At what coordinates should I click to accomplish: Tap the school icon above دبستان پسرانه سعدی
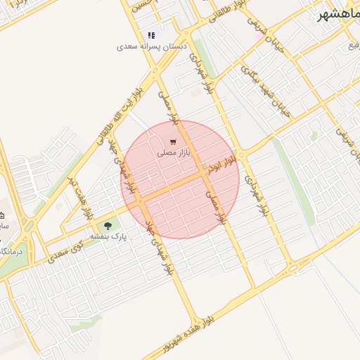(x=150, y=35)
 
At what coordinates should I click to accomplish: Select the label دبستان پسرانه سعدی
(x=146, y=46)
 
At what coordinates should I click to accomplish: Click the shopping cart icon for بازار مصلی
(x=173, y=142)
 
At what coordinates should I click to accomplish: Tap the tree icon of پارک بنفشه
(x=108, y=226)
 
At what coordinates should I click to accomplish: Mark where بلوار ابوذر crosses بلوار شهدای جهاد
(x=139, y=200)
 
